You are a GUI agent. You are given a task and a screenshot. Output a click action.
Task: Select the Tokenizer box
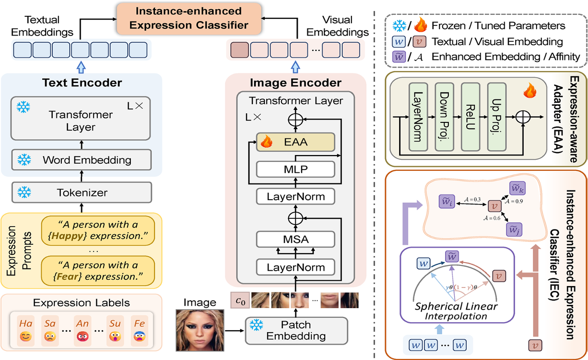[82, 193]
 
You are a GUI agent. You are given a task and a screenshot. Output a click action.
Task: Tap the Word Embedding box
[82, 159]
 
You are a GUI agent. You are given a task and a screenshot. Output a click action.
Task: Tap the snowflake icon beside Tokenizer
[22, 193]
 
